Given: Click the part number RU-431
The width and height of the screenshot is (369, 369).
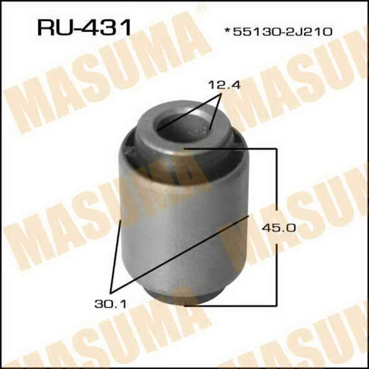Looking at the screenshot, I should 84,27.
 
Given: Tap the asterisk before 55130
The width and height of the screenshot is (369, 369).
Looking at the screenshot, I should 228,31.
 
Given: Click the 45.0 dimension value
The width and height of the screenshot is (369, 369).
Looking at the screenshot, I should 274,228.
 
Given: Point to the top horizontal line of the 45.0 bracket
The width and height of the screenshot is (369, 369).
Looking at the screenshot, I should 232,150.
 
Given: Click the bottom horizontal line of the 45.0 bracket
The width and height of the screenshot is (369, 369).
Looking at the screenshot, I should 232,305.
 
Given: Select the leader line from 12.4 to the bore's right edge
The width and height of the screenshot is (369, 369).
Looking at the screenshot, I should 215,112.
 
